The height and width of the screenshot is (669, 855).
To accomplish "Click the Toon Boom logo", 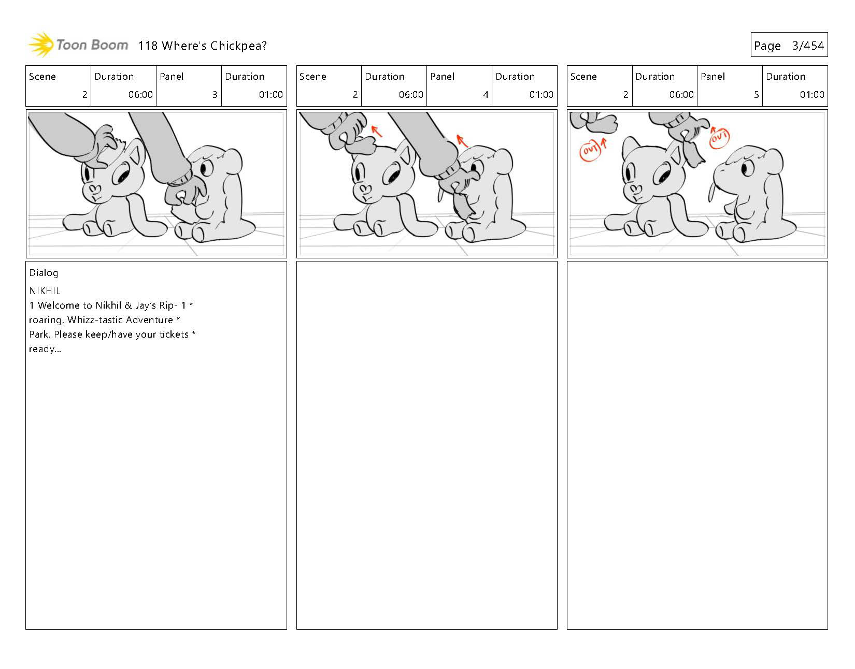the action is [78, 45].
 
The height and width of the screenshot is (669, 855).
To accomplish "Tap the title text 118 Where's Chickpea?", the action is [202, 46].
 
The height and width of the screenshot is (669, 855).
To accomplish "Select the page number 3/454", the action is [808, 46].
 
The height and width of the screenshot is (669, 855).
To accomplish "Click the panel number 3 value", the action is [215, 94].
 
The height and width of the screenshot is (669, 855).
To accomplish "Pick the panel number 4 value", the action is [486, 94].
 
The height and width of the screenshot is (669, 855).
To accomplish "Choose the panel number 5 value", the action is [756, 94].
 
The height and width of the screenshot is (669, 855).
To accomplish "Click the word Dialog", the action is [44, 273].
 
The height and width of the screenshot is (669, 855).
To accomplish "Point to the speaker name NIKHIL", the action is [45, 291].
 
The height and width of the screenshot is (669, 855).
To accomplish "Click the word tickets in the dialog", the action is [174, 334].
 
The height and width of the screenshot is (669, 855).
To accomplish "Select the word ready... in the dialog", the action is [45, 349].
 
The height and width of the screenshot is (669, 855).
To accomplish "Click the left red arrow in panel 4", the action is [377, 131].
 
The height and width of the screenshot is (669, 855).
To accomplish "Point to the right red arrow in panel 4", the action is [462, 140].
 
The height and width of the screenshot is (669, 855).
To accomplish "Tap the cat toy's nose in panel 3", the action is [94, 189].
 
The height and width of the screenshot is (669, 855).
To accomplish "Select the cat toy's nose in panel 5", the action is [635, 189].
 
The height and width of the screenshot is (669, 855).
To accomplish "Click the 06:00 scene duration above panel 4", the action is [411, 94].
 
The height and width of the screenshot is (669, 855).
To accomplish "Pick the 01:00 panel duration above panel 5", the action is [811, 94].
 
